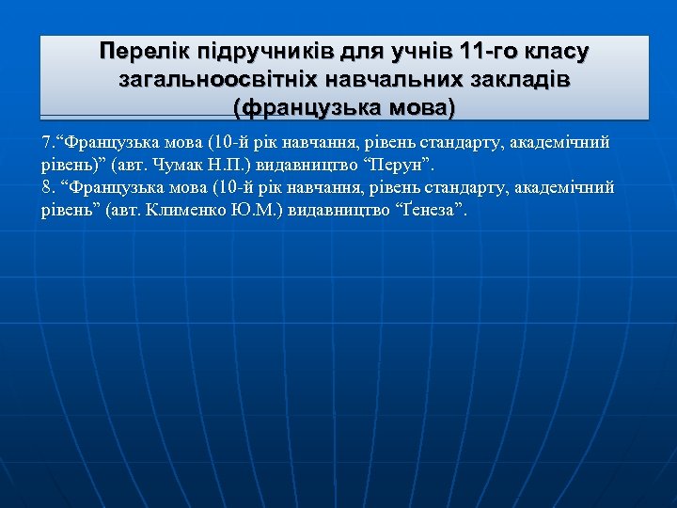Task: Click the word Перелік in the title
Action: [139, 49]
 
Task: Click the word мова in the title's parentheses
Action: [414, 108]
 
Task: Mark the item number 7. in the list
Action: [48, 143]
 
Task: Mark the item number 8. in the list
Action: [49, 187]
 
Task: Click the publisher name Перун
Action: [408, 165]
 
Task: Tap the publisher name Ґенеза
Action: [431, 209]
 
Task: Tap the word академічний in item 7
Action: [565, 143]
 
